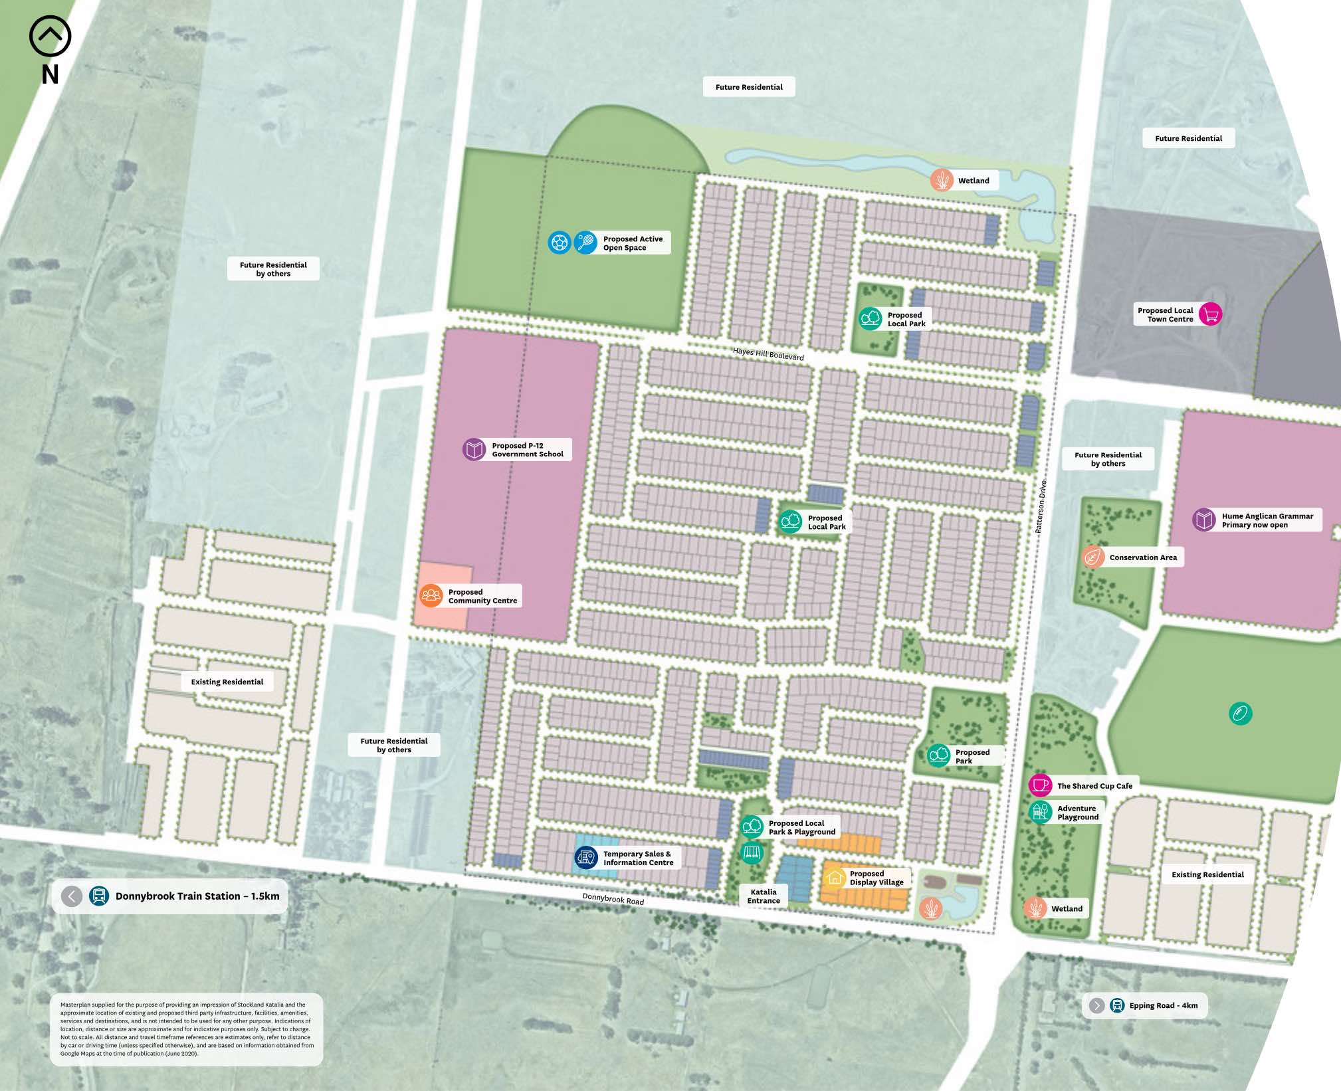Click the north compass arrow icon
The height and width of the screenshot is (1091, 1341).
[50, 37]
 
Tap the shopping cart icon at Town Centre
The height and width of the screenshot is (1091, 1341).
[1211, 314]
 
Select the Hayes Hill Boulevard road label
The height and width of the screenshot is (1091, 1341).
[768, 354]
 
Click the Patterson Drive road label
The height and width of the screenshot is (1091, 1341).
[1041, 506]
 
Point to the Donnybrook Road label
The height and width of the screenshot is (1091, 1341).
[613, 899]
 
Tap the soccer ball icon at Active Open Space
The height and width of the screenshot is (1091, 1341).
[560, 243]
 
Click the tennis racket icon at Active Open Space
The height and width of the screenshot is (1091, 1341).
[585, 243]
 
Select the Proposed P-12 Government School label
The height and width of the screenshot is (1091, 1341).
[527, 450]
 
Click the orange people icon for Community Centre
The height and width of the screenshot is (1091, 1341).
[431, 595]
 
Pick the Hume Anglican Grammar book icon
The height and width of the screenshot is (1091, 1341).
[1204, 520]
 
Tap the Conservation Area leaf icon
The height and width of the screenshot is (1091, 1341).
[1092, 557]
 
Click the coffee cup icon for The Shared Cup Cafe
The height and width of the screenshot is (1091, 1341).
[1040, 785]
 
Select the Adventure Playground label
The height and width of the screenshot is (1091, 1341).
[1077, 813]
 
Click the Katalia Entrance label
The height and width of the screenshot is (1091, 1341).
[764, 896]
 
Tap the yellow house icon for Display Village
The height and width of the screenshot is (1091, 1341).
[835, 878]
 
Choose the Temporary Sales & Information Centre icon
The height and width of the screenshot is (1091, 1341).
[586, 858]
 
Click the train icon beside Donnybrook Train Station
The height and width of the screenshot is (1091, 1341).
[99, 896]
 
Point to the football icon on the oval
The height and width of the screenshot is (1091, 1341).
[1240, 714]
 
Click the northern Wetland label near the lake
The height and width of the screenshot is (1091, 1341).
[973, 181]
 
